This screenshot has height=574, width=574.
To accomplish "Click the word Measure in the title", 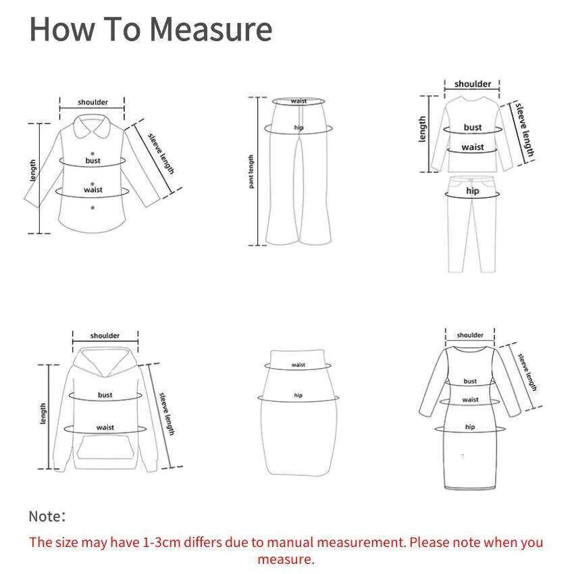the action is (211, 29).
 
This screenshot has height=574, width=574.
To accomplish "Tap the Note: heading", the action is (47, 516).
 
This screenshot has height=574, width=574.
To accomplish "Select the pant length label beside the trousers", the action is (251, 172).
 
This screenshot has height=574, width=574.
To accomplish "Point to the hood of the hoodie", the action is (105, 363).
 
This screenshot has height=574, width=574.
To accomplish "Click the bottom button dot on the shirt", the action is (93, 207).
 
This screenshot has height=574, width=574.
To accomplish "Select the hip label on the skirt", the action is (298, 395).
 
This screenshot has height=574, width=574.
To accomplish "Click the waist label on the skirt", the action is (298, 365).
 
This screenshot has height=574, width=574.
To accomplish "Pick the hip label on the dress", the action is (470, 427).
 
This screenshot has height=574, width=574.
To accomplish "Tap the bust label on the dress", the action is (470, 381).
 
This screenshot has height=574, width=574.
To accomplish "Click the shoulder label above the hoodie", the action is (105, 336).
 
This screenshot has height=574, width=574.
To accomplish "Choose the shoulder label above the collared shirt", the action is (93, 102).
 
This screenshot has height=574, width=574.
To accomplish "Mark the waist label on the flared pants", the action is (298, 101).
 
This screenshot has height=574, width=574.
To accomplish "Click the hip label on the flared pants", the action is (298, 128).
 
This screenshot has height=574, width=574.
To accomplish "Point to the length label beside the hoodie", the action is (43, 414).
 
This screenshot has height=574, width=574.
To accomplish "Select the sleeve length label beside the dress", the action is (527, 372).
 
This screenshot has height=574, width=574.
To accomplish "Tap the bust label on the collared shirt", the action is (93, 160).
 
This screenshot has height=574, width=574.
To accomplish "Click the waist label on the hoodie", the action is (105, 427).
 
